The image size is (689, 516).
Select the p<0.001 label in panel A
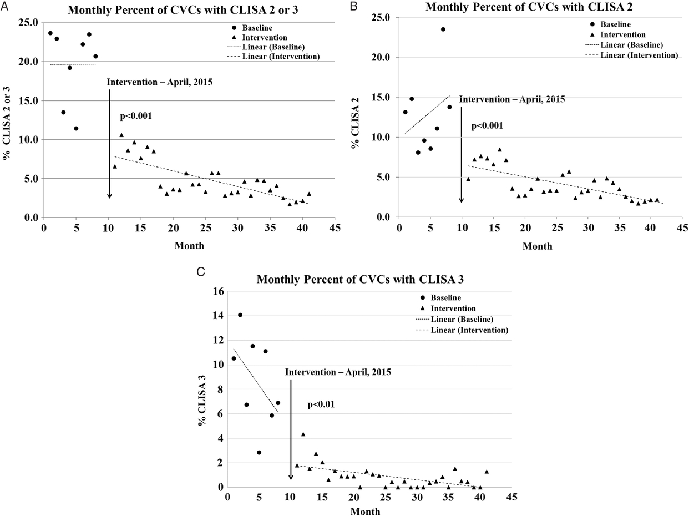coord(136,117)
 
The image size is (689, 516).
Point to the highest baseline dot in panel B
coord(443,29)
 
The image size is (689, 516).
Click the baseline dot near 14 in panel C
coord(240,315)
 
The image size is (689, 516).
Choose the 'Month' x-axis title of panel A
coord(189,245)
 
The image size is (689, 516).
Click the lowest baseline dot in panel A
coord(76,128)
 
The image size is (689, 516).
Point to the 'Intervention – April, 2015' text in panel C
coord(338,372)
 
